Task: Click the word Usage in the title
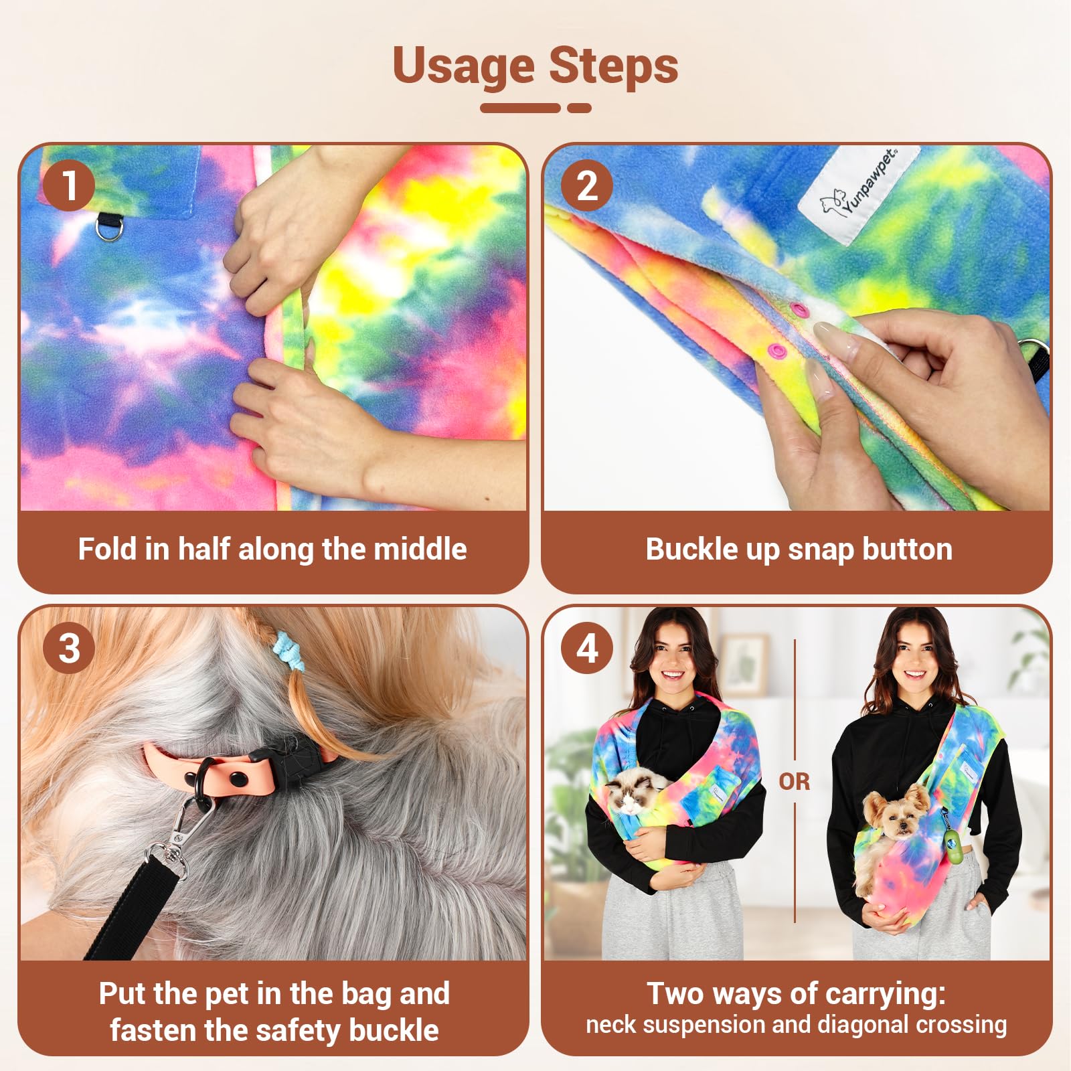point(463,67)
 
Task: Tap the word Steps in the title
point(614,66)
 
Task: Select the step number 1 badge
point(69,185)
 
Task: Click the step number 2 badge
point(587,185)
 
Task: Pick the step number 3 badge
point(69,648)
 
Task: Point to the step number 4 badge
point(587,648)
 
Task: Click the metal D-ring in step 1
point(108,227)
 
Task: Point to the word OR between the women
point(795,781)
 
